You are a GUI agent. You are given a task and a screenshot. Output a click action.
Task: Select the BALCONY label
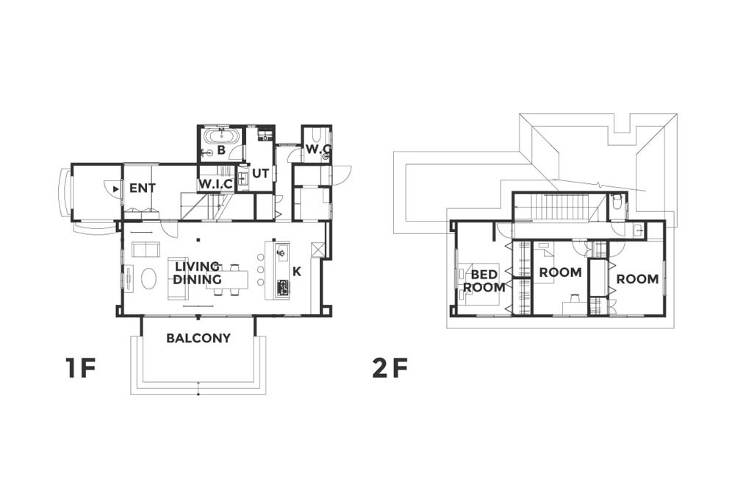click(198, 338)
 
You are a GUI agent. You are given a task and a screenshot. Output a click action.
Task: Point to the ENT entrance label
click(143, 188)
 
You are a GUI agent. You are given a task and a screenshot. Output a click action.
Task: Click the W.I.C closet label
click(215, 185)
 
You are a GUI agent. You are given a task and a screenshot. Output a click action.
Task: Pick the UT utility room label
click(261, 173)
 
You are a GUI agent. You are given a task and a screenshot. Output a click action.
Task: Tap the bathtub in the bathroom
click(223, 137)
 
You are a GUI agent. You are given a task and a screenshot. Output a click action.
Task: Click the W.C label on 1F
click(318, 149)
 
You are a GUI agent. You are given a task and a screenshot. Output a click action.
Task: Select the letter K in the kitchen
click(297, 272)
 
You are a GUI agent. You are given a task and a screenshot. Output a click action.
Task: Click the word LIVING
click(197, 266)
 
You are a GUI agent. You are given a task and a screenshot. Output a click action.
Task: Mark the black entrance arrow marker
click(116, 189)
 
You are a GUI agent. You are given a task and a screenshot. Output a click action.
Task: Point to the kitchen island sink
click(282, 254)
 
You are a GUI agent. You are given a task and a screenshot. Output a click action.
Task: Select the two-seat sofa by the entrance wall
click(146, 250)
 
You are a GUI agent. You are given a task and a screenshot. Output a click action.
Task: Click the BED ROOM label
click(484, 280)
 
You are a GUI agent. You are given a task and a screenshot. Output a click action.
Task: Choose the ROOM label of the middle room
click(560, 272)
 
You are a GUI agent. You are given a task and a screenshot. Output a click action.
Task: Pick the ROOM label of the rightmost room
click(637, 279)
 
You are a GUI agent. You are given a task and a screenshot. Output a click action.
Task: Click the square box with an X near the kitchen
click(318, 250)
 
